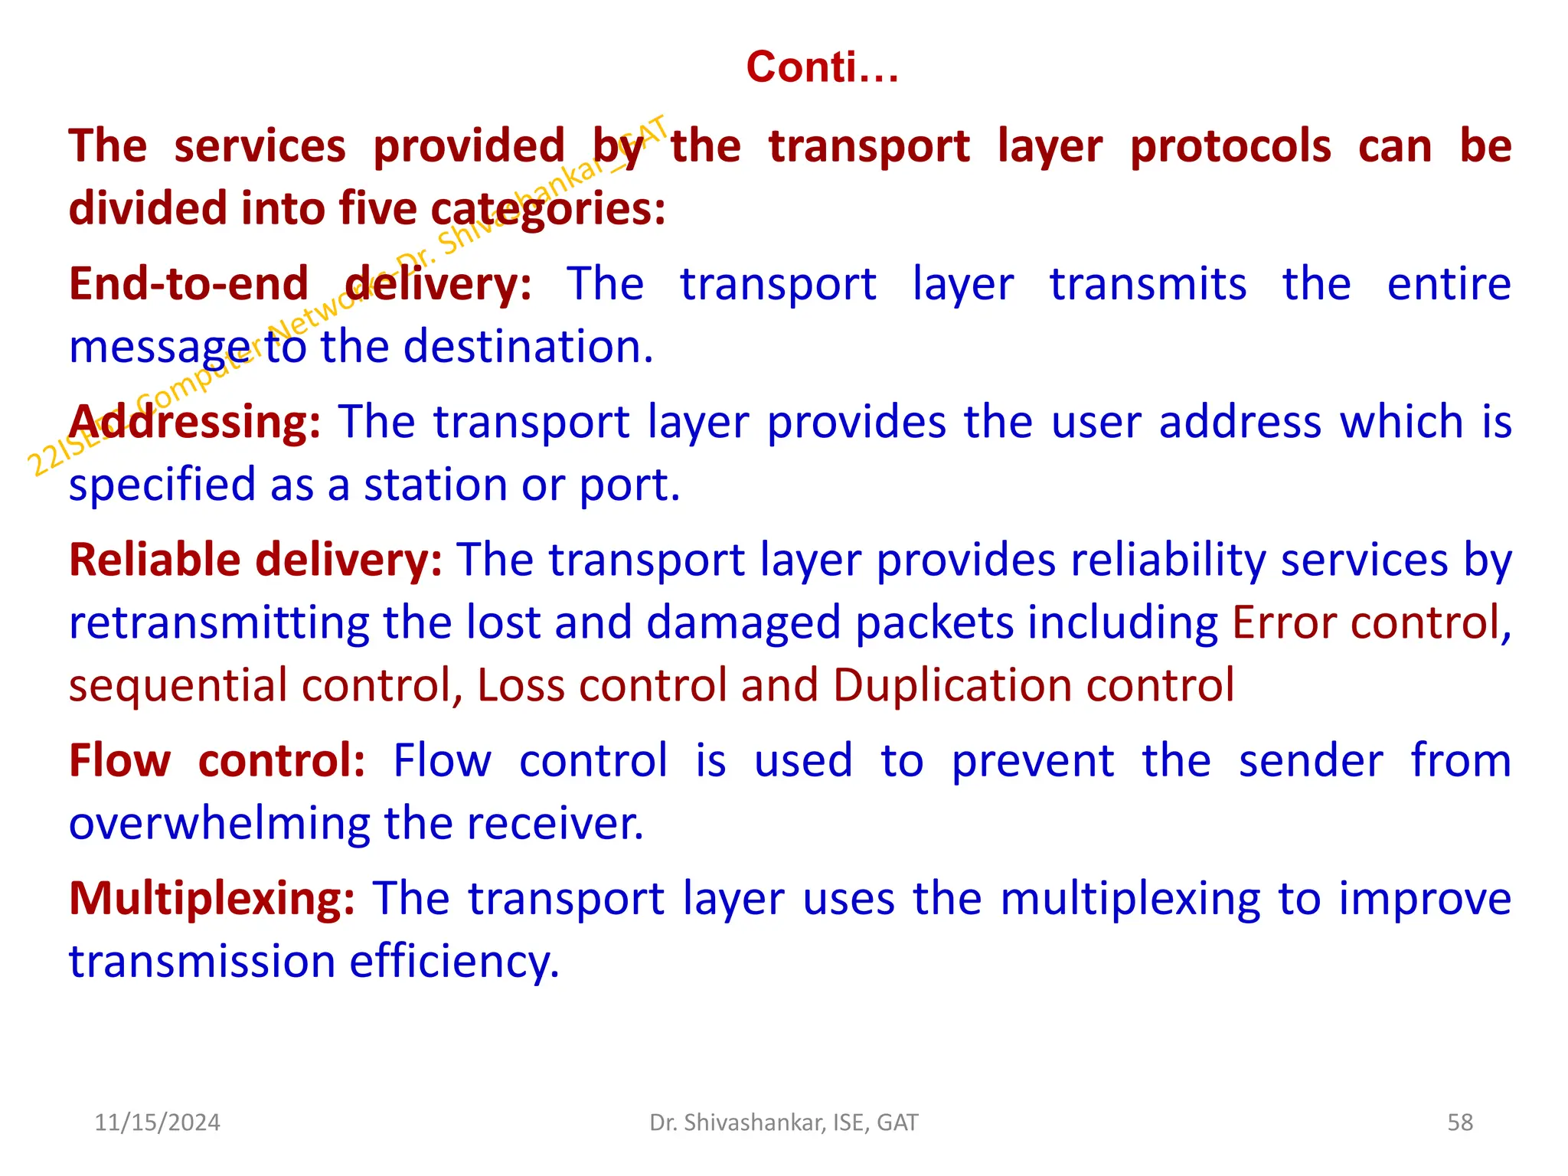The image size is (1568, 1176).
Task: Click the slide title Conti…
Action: (822, 67)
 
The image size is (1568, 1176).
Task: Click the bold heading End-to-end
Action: (188, 284)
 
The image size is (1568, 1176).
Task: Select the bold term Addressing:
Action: (195, 422)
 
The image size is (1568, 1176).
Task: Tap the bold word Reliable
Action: (155, 560)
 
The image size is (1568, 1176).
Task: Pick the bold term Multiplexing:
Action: (212, 898)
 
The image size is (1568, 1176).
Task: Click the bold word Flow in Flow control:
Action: (119, 761)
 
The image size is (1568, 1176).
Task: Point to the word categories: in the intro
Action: (547, 209)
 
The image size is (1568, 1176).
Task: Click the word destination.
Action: (528, 347)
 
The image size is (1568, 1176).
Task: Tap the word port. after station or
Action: (629, 485)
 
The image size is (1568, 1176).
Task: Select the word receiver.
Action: (555, 824)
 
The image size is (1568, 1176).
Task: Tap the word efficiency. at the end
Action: (455, 962)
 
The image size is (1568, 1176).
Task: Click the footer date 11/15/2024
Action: (157, 1122)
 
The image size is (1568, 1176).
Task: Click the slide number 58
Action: (1460, 1122)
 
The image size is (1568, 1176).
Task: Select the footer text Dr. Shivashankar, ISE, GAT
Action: (783, 1122)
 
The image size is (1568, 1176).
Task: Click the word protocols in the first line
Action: (1230, 146)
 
